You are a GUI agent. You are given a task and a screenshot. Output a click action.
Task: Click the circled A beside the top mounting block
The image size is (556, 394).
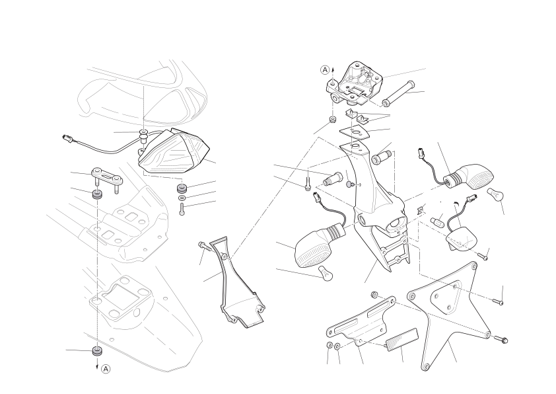coord(325,70)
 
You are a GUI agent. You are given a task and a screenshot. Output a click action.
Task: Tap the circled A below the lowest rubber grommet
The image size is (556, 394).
coord(106,369)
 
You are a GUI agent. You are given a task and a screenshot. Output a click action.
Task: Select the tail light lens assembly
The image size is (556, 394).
coord(174,151)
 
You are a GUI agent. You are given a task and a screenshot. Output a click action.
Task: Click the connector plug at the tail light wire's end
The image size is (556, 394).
coord(67,138)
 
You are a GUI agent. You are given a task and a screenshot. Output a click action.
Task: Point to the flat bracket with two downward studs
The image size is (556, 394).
coord(108,177)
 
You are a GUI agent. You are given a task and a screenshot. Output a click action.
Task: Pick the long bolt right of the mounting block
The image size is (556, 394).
coord(398,93)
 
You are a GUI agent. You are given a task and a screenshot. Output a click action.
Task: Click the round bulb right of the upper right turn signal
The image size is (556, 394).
coord(495,194)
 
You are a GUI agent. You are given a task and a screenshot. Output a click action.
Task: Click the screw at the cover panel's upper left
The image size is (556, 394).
coord(204,246)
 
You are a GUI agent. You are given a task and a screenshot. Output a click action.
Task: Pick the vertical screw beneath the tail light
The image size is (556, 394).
coord(182,209)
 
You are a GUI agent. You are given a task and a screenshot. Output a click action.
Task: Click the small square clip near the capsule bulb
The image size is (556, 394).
coord(421,210)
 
